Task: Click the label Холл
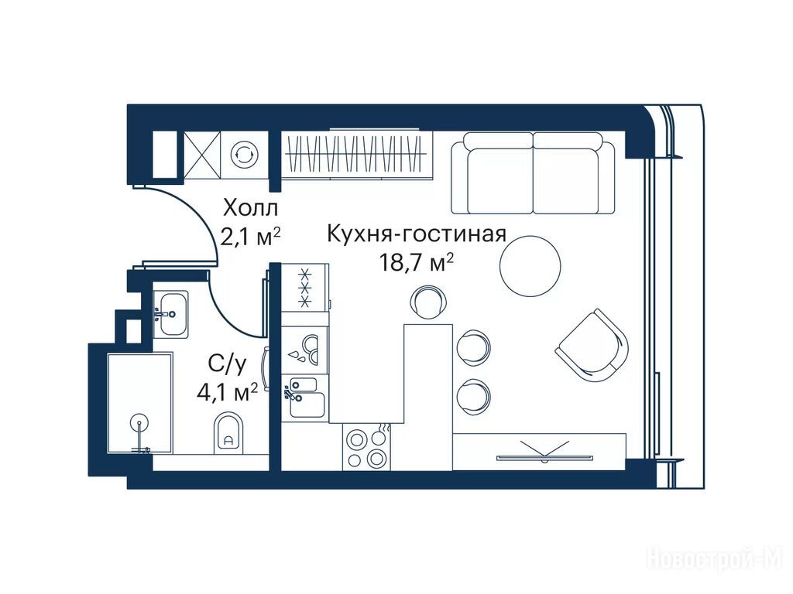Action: click(250, 208)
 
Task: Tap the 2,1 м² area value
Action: click(250, 237)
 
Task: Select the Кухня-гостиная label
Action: click(417, 234)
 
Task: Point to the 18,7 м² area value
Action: click(416, 263)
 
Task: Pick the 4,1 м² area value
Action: click(228, 392)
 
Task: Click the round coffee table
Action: click(530, 266)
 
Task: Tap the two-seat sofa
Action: click(533, 172)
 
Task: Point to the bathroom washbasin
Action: click(170, 314)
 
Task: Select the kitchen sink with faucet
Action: click(304, 398)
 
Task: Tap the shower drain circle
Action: click(139, 423)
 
